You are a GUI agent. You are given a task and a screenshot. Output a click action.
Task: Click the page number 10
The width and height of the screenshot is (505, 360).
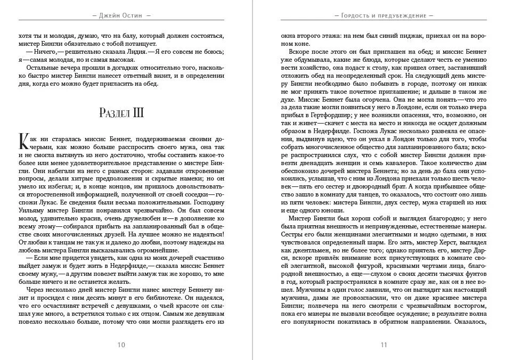coord(121,345)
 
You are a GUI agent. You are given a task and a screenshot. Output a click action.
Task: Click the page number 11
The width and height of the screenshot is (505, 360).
coord(384,345)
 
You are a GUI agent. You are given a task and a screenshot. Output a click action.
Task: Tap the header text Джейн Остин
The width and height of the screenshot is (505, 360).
coord(121,15)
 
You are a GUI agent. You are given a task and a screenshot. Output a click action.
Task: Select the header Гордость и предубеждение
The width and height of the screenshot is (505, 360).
coord(384,15)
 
